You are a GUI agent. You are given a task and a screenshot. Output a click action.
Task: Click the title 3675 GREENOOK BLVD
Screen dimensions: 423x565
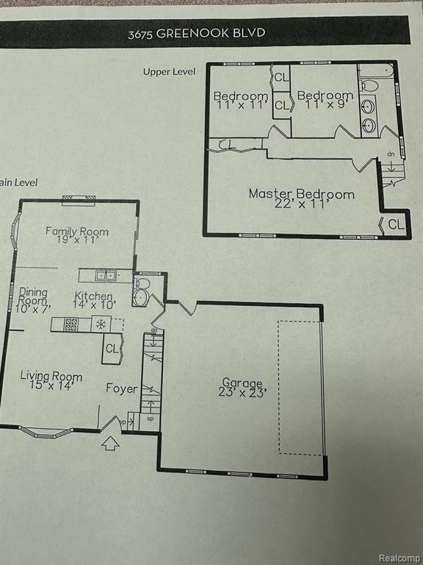[197, 33]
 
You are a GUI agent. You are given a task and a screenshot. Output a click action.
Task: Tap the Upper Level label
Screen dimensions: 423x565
[169, 71]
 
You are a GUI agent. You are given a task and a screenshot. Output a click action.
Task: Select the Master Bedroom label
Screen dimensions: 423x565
[302, 194]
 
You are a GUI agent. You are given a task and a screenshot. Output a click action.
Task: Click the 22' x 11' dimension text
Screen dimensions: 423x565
[302, 204]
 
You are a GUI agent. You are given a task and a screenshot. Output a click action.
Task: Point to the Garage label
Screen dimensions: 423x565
[242, 383]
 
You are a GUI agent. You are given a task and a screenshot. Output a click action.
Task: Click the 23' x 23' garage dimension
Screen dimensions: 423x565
[242, 392]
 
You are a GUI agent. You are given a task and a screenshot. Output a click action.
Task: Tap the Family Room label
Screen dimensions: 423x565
[76, 231]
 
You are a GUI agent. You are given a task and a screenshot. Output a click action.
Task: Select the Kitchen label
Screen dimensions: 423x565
[93, 296]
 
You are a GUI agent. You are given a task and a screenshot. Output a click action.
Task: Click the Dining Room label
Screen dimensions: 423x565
[33, 296]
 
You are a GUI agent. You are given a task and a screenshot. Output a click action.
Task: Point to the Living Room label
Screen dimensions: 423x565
[51, 376]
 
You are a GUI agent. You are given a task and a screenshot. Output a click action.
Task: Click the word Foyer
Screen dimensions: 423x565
[122, 388]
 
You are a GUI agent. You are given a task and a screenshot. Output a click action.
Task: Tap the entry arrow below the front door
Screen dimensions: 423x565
[110, 444]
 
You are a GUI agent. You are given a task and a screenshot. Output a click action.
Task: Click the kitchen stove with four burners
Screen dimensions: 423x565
[70, 324]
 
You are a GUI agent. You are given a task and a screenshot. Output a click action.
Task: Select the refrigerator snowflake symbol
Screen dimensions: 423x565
[101, 324]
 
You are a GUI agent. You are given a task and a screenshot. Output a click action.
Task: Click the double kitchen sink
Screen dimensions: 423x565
[106, 276]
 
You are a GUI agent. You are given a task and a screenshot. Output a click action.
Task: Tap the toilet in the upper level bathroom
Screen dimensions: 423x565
[369, 86]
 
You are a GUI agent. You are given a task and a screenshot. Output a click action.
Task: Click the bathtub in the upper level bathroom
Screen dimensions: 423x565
[376, 71]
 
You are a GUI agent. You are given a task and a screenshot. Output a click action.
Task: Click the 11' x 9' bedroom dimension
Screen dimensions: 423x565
[325, 104]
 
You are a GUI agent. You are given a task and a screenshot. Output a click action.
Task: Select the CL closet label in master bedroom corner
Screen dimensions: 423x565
[396, 224]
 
